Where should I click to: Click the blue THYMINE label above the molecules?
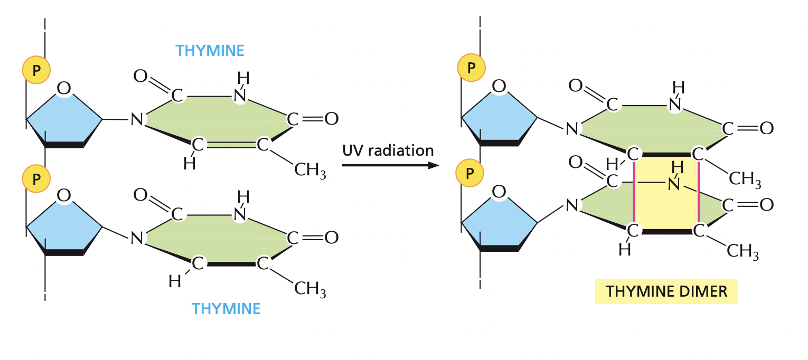tap(210, 51)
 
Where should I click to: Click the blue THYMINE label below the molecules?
tap(226, 308)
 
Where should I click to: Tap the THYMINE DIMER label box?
tap(666, 291)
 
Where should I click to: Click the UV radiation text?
tap(388, 150)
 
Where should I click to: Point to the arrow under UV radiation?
tap(391, 166)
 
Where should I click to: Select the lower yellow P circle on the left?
tap(36, 178)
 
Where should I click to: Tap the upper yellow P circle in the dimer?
tap(471, 67)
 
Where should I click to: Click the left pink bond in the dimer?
tap(634, 192)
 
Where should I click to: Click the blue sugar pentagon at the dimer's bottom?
tap(499, 222)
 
